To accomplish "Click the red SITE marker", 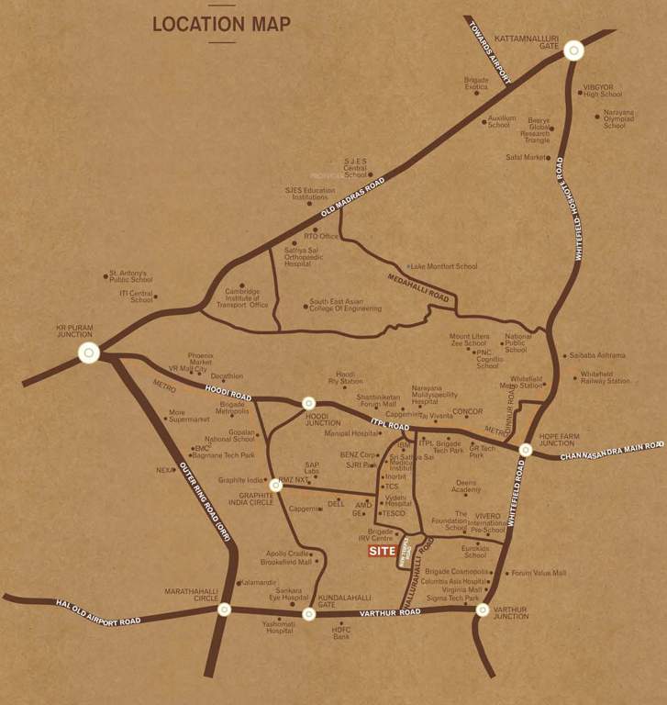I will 382,551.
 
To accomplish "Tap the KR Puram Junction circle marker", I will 88,352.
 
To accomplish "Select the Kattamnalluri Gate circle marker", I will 573,51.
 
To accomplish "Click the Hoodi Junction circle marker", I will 308,403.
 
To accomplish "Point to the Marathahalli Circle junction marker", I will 224,609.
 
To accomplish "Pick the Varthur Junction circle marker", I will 483,609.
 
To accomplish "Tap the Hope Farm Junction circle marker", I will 525,450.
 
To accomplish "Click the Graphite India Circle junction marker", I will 275,484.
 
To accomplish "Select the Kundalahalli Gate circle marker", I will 308,613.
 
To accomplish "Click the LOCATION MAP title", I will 221,24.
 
